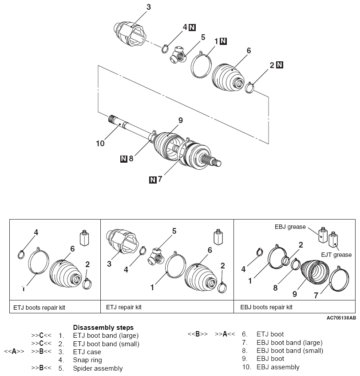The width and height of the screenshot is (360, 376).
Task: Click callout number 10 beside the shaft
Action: [100, 144]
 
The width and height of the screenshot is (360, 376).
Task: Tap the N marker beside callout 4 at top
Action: [192, 28]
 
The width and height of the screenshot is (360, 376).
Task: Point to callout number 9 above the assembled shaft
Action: [181, 120]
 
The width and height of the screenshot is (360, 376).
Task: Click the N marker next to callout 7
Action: [153, 180]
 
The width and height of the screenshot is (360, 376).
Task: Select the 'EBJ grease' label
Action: [289, 227]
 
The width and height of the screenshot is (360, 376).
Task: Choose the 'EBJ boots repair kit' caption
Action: [266, 307]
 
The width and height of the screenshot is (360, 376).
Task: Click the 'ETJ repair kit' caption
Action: [124, 307]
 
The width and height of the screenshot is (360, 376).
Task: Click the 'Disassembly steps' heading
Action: [103, 328]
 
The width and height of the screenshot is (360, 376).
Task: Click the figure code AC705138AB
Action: [341, 318]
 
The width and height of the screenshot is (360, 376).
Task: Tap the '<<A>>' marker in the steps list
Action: [14, 352]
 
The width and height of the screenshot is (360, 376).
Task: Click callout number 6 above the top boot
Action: [249, 51]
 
